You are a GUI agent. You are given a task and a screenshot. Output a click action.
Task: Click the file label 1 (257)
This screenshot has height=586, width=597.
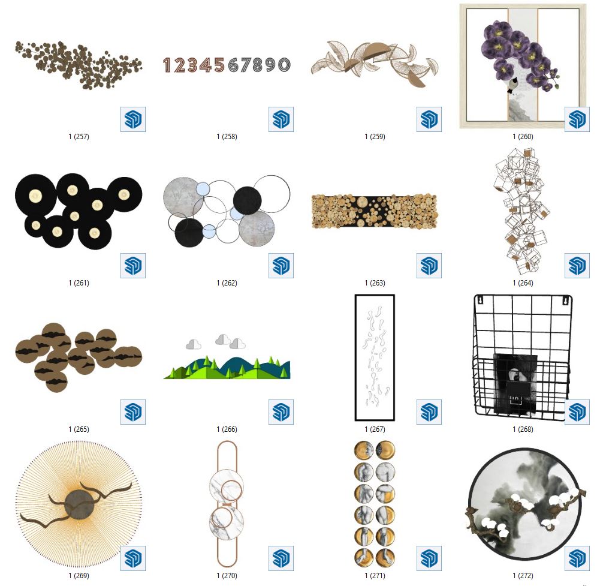click(x=79, y=136)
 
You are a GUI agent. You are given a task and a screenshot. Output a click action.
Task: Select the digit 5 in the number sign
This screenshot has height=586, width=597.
click(x=219, y=65)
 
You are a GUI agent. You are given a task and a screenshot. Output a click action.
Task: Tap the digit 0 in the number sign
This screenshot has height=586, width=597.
click(x=284, y=65)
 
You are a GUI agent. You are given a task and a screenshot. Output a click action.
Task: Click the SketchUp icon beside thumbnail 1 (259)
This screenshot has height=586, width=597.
click(x=429, y=119)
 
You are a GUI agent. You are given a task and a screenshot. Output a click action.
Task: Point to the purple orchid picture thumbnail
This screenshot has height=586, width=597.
click(x=523, y=67)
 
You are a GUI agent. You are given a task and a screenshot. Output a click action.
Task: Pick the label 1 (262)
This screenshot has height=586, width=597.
click(x=227, y=283)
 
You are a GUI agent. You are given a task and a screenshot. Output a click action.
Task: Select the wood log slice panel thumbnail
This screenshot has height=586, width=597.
click(x=374, y=212)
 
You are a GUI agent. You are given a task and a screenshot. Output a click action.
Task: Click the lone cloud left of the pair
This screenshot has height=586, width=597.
click(x=194, y=344)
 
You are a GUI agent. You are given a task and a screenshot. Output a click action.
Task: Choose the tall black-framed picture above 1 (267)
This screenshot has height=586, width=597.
click(x=375, y=357)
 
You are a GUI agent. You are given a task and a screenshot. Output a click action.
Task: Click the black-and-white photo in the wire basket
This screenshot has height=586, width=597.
click(x=515, y=383)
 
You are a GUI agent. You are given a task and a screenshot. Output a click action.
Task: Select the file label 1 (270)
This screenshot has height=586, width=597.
click(x=227, y=575)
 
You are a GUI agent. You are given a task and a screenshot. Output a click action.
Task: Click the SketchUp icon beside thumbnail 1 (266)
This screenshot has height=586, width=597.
click(x=281, y=412)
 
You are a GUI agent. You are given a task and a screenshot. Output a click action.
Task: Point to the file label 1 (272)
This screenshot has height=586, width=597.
click(x=523, y=575)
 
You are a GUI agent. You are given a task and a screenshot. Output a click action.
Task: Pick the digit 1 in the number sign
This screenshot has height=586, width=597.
click(x=167, y=65)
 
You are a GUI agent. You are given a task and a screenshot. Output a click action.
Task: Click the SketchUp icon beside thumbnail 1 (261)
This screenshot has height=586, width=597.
click(x=133, y=266)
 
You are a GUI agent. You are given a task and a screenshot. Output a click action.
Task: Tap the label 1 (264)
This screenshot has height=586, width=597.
click(x=523, y=283)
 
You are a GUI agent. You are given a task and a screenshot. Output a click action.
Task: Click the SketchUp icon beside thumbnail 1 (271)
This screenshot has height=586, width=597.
click(x=429, y=558)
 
